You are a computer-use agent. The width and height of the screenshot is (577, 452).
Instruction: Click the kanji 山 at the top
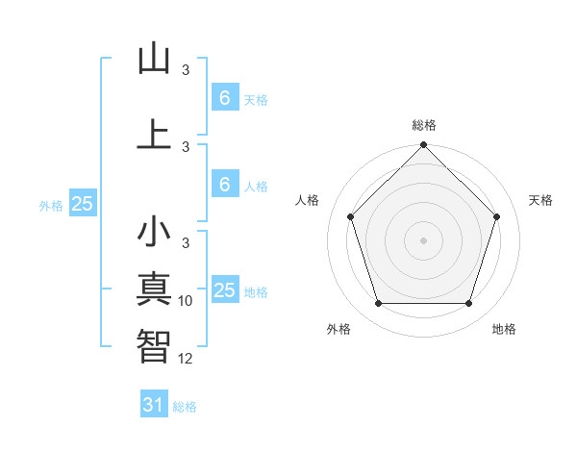tap(154, 59)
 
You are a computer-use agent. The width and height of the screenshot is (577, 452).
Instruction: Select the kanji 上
tap(154, 134)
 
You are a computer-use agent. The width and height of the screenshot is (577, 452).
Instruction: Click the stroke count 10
tap(186, 301)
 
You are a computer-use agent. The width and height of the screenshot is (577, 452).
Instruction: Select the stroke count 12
tap(186, 358)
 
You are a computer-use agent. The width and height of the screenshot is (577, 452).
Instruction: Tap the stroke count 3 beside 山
tap(186, 70)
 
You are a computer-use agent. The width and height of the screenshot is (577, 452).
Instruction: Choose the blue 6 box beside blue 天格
tap(224, 97)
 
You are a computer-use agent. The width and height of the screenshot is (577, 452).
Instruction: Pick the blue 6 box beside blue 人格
tap(224, 185)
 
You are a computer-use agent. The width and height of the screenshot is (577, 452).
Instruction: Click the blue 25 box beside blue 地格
tap(224, 290)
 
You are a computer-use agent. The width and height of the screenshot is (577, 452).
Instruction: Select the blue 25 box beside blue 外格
tap(82, 204)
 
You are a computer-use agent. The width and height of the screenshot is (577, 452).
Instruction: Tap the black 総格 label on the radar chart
tap(424, 125)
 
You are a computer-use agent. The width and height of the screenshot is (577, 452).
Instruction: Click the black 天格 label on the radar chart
tap(541, 200)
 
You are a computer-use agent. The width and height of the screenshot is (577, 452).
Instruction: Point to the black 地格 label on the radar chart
tap(504, 329)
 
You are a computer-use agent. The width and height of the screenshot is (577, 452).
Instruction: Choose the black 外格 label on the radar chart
tap(339, 329)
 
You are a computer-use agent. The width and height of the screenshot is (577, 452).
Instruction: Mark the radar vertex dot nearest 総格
tap(424, 147)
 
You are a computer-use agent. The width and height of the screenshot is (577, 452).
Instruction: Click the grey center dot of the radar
tap(424, 239)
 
